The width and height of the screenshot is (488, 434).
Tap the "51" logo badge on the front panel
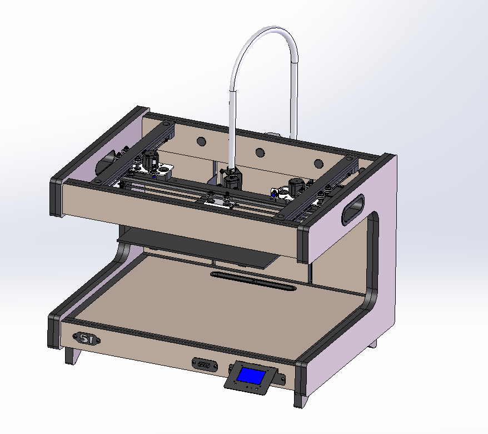coord(87,339)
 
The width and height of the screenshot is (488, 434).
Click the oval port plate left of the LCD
coord(204,364)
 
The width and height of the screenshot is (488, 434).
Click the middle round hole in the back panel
coord(259,152)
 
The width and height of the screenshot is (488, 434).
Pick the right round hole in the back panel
coord(318,164)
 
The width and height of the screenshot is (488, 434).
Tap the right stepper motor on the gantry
coord(297,187)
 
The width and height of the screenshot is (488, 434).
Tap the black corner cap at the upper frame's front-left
coord(57,196)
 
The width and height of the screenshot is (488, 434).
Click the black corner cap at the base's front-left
coord(54,331)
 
